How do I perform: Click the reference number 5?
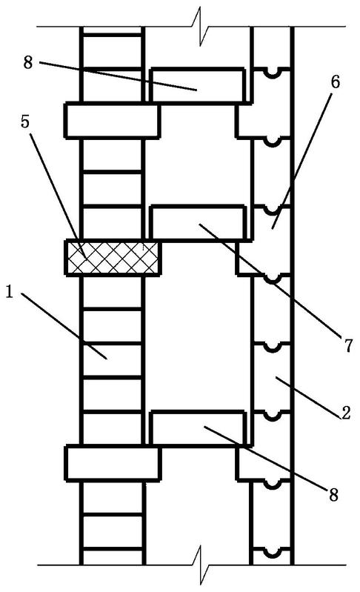tap(25, 122)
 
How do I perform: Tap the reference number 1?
tap(10, 292)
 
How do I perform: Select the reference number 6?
tap(336, 82)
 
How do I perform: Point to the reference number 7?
tap(349, 345)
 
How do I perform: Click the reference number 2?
tap(346, 413)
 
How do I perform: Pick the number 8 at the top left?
tap(28, 62)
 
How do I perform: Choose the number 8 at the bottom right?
tap(333, 495)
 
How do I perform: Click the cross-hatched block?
tap(113, 258)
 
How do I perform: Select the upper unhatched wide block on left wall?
tap(113, 120)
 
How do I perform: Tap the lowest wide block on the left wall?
tap(113, 463)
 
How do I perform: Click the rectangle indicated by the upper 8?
tap(196, 85)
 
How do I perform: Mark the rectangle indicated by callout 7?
tap(198, 223)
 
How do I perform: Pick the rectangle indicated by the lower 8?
tap(198, 428)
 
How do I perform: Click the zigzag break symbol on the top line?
tap(201, 27)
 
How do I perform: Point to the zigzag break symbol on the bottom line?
tap(201, 565)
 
